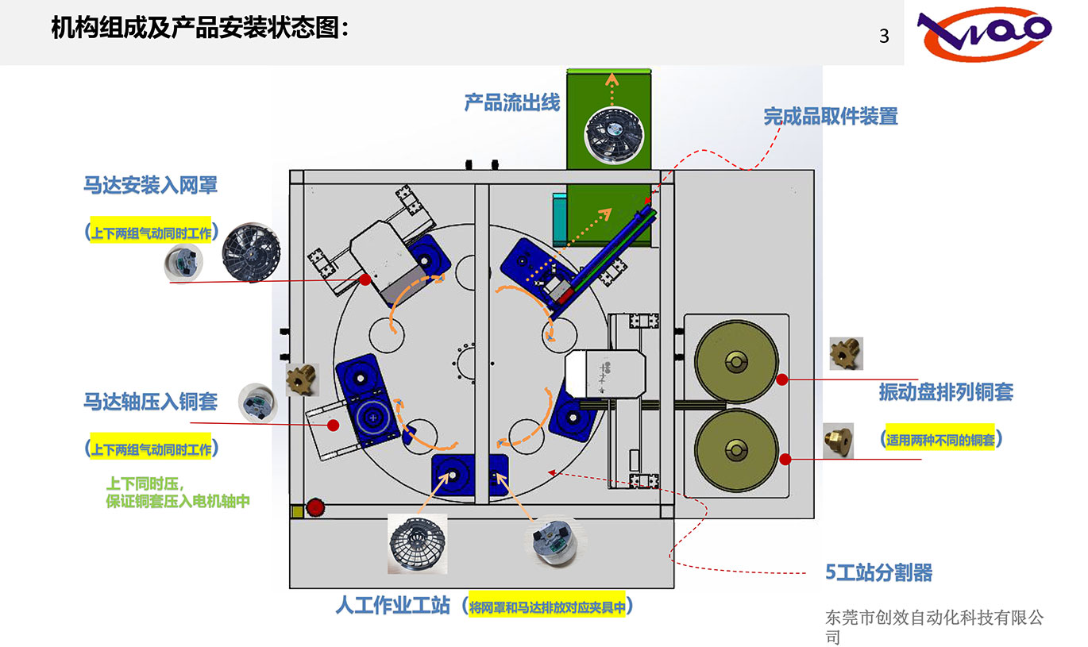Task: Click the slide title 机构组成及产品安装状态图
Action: coord(199,29)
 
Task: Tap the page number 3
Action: coord(884,36)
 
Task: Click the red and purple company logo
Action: coord(985,35)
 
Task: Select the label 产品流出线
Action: coord(512,102)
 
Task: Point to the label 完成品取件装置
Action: coord(831,117)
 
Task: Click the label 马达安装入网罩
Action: coord(150,186)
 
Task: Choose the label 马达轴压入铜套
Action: coord(150,401)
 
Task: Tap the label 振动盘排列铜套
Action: coord(945,392)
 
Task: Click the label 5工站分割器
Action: coord(878,572)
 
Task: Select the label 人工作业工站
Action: coord(393,607)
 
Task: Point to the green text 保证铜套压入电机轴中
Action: coord(178,502)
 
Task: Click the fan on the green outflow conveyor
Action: coord(610,135)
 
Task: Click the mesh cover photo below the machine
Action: coord(418,544)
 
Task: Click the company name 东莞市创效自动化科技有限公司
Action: coord(934,626)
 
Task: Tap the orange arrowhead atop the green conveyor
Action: coord(610,77)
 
